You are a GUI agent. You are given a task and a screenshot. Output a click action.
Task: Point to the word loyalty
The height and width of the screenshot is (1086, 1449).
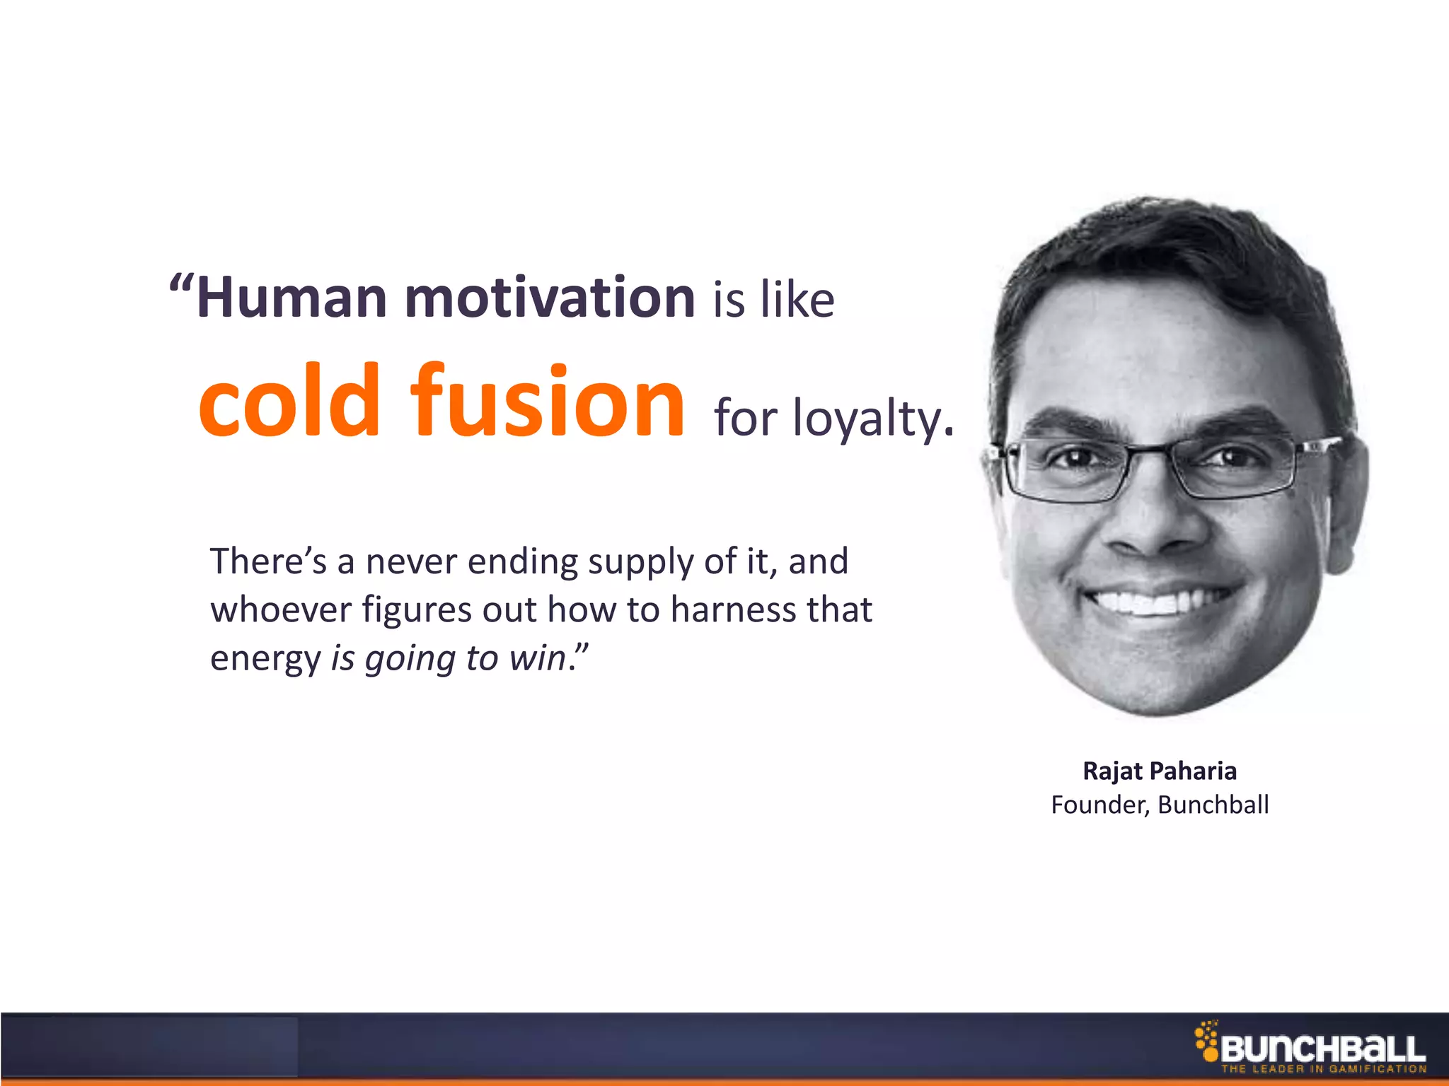[x=873, y=419]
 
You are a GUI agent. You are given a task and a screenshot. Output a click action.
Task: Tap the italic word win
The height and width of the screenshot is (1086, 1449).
[x=537, y=658]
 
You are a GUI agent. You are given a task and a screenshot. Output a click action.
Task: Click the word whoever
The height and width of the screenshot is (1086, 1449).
[x=281, y=609]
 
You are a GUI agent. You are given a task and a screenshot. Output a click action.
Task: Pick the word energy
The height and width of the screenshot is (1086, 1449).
[x=265, y=660]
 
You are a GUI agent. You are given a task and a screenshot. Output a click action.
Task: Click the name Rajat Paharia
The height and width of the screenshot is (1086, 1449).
[x=1160, y=771]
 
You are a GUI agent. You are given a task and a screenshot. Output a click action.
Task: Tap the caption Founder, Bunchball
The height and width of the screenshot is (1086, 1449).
[x=1160, y=805]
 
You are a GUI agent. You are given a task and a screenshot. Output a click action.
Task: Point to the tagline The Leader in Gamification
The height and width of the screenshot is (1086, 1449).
[x=1323, y=1069]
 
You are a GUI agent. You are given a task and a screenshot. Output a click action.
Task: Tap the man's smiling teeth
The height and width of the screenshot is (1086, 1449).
[x=1160, y=602]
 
